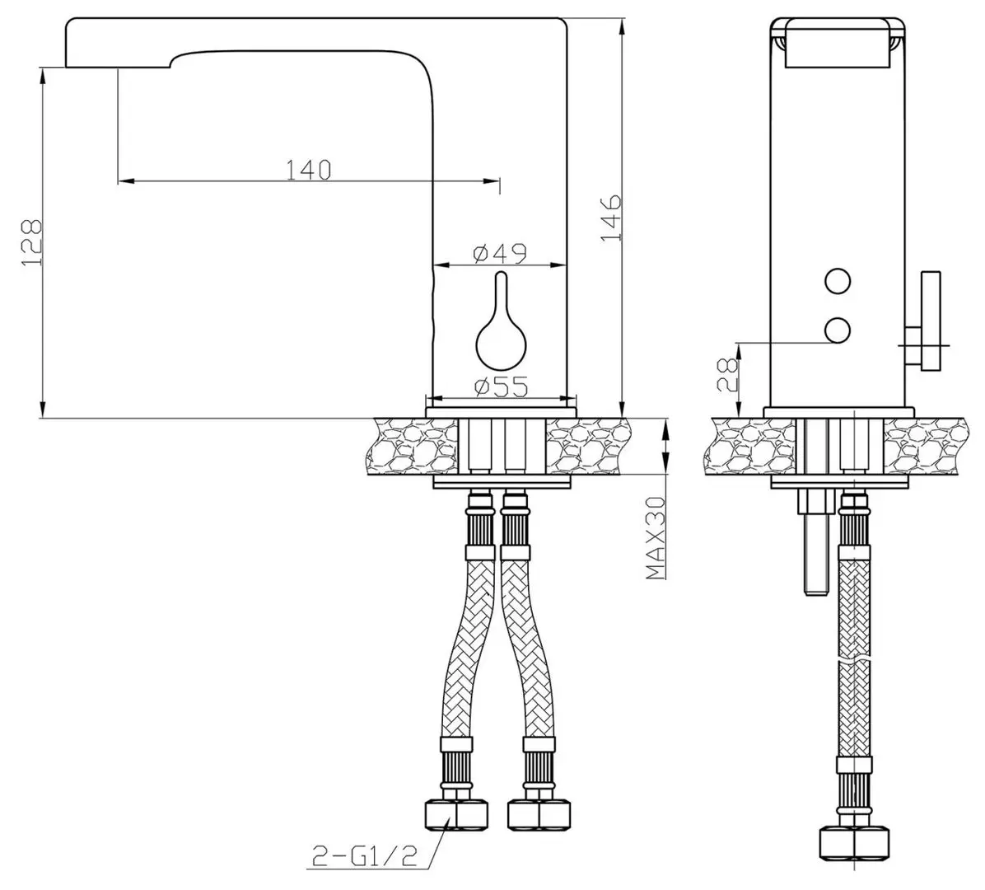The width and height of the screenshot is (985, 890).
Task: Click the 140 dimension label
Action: [309, 169]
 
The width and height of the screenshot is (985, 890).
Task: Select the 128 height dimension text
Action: [30, 242]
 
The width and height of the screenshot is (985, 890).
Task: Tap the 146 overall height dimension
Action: [610, 218]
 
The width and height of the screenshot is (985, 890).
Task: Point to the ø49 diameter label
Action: [500, 254]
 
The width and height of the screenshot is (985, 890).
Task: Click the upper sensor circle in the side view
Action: [838, 281]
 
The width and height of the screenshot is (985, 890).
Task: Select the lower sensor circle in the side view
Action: [838, 330]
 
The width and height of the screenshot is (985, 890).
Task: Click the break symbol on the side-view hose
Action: [853, 662]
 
